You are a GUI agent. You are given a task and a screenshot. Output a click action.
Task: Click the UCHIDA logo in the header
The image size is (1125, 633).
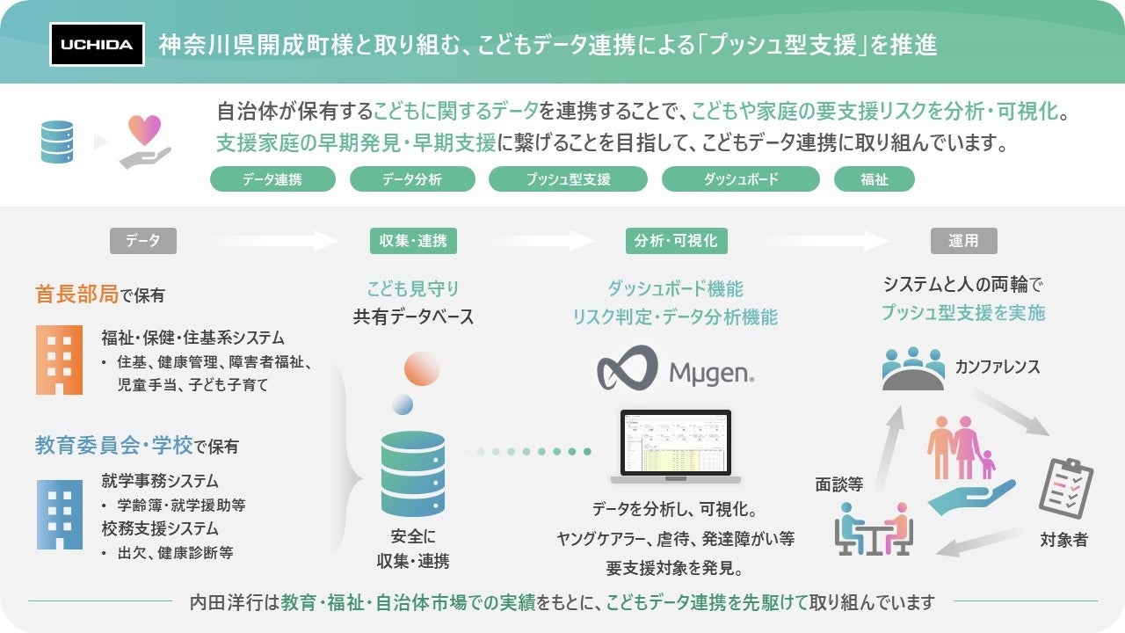[x=97, y=45]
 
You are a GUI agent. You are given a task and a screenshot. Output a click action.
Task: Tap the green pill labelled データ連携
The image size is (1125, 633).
[x=272, y=179]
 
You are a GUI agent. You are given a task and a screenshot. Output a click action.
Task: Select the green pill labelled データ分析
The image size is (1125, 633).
[x=412, y=179]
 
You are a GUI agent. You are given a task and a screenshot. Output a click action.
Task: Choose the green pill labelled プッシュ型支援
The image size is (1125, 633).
[x=568, y=179]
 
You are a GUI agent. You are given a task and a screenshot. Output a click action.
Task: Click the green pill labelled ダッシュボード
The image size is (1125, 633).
[x=740, y=179]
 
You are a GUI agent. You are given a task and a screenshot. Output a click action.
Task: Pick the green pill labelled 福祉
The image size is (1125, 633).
[x=874, y=179]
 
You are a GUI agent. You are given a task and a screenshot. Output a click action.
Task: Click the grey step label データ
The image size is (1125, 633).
[x=142, y=240]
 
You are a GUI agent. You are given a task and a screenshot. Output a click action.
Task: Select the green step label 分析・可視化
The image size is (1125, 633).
[x=676, y=240]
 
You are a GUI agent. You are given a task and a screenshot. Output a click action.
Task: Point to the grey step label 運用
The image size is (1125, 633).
[x=963, y=240]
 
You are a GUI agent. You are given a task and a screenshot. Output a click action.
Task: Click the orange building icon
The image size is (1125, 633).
[x=60, y=359]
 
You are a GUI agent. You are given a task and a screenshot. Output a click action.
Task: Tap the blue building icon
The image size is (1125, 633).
[x=60, y=513]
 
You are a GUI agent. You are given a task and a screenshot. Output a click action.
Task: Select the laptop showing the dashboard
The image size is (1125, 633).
[x=676, y=447]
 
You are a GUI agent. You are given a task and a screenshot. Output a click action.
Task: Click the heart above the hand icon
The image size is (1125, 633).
[x=145, y=129]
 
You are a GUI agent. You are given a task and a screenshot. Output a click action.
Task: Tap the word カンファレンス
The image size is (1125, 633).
[x=998, y=367]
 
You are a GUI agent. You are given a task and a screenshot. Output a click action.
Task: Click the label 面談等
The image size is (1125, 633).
[x=839, y=483]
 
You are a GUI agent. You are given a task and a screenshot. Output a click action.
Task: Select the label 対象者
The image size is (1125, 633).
[x=1063, y=540]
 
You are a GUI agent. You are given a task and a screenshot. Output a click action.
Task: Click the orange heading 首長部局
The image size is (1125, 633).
[x=76, y=295]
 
